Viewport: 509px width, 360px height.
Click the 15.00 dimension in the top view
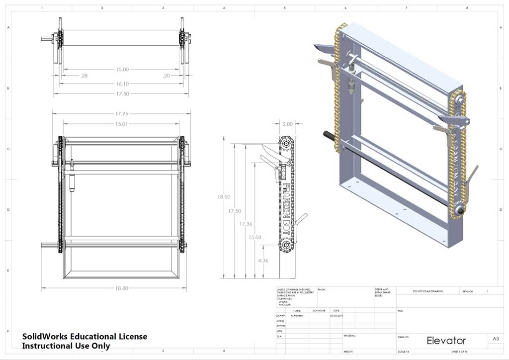(122, 70)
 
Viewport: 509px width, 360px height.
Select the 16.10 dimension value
(122, 84)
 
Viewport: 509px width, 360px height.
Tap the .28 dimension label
(84, 76)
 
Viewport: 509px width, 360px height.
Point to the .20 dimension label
(166, 76)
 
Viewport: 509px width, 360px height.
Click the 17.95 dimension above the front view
(122, 114)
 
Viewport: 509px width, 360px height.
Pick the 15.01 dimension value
(122, 124)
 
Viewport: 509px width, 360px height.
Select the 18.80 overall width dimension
(122, 288)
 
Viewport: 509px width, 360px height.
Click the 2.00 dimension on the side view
(287, 124)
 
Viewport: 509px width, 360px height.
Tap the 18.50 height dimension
(224, 197)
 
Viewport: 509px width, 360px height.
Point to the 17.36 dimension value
(246, 224)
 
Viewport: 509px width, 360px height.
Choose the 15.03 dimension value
(255, 238)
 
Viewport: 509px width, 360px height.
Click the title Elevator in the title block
(446, 341)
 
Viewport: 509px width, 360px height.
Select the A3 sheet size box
(496, 339)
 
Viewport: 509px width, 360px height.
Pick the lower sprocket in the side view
(287, 245)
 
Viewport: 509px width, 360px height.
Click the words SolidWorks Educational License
(85, 337)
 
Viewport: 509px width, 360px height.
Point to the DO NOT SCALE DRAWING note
(427, 291)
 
